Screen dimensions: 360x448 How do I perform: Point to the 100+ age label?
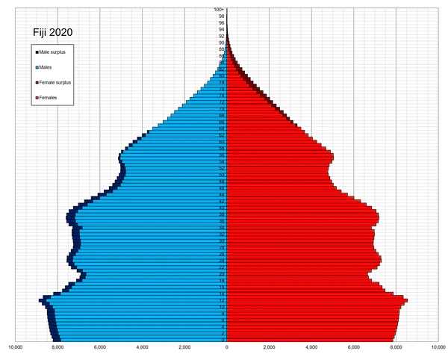click(x=220, y=10)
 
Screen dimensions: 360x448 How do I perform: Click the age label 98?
click(x=222, y=16)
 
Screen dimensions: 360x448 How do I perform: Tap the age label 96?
click(x=222, y=23)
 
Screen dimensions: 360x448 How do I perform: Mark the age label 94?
click(x=222, y=29)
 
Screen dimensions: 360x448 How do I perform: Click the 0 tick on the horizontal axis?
click(x=227, y=347)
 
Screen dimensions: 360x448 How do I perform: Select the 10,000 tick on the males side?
click(x=14, y=347)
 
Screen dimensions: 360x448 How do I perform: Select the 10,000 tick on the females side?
click(x=437, y=347)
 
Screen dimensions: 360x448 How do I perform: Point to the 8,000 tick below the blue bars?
click(x=57, y=347)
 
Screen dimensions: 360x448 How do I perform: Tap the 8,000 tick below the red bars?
click(x=395, y=347)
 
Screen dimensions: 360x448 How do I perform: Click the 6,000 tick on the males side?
click(x=99, y=347)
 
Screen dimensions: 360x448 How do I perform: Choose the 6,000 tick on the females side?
click(x=352, y=347)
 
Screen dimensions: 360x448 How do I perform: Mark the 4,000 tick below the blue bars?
click(x=142, y=347)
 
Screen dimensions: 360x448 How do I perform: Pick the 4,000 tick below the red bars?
click(x=311, y=347)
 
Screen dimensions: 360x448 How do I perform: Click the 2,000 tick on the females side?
click(x=269, y=347)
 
